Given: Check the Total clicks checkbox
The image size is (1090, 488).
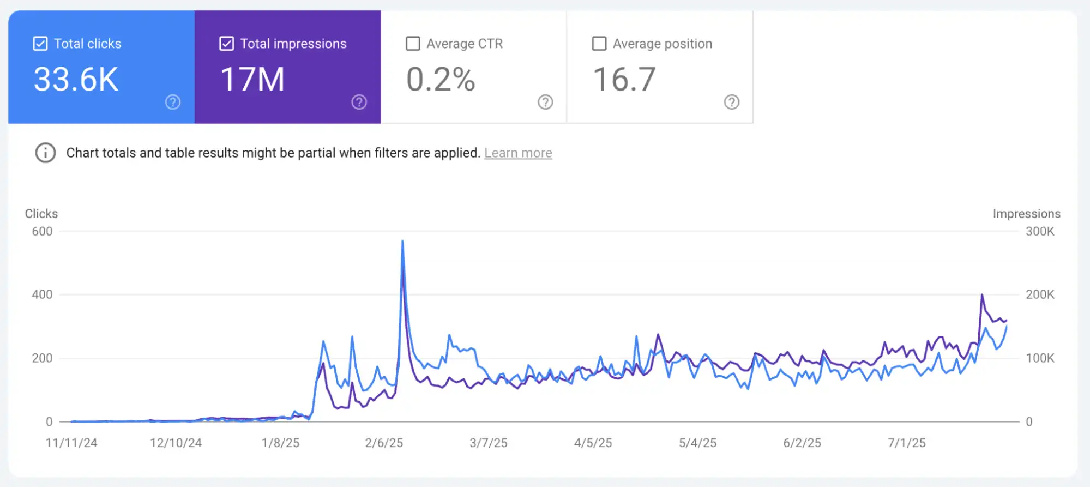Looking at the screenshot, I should click(40, 44).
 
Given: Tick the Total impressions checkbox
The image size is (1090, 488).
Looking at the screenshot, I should click(226, 44).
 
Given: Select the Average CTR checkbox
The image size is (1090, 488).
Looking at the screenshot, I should click(413, 44).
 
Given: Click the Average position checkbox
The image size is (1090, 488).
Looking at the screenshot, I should click(599, 44).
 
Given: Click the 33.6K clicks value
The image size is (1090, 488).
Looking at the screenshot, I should click(76, 80).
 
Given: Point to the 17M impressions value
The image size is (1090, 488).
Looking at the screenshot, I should click(252, 80).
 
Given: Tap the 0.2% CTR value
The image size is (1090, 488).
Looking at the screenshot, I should click(441, 80).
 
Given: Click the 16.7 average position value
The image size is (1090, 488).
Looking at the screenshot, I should click(624, 80).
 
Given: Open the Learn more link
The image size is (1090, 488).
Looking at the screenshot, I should click(518, 153).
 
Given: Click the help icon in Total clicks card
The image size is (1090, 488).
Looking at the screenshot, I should click(173, 102).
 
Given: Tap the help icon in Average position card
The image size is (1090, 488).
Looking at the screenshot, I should click(732, 102).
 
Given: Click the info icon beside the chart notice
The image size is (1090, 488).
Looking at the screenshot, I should click(45, 153).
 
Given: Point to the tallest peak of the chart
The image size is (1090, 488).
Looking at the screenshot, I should click(402, 242).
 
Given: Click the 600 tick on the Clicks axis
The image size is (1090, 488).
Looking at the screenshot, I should click(42, 231).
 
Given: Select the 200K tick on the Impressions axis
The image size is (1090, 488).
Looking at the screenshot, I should click(1040, 294).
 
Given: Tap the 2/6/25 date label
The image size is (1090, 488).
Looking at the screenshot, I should click(384, 443).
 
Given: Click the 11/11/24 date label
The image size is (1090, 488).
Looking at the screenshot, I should click(71, 443).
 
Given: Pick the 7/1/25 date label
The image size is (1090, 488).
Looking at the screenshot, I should click(906, 443).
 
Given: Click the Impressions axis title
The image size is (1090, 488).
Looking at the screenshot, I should click(1026, 214).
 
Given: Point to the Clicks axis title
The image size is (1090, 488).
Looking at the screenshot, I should click(41, 214).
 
